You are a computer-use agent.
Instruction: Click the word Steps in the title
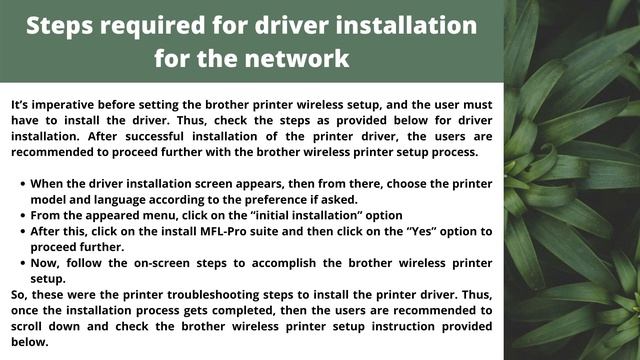(60, 26)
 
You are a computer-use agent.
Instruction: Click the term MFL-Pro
(223, 231)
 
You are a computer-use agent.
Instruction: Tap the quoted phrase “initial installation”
(307, 216)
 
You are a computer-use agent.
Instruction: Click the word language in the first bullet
(120, 200)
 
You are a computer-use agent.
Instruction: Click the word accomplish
(284, 264)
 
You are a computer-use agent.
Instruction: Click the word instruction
(403, 327)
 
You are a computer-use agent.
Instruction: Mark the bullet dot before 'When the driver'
(22, 184)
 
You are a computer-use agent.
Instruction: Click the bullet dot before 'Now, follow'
(22, 263)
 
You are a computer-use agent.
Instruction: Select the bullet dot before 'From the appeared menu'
(22, 216)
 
